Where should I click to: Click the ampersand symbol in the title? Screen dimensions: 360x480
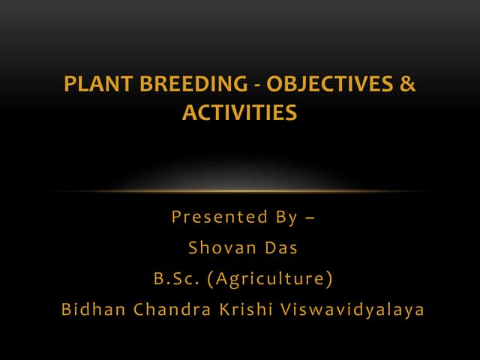point(407,85)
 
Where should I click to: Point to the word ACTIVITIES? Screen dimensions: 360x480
point(239,113)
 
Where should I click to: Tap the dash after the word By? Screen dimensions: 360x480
point(310,218)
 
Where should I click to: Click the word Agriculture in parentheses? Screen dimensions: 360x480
point(271,279)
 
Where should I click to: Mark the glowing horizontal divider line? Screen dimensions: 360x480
point(240,190)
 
